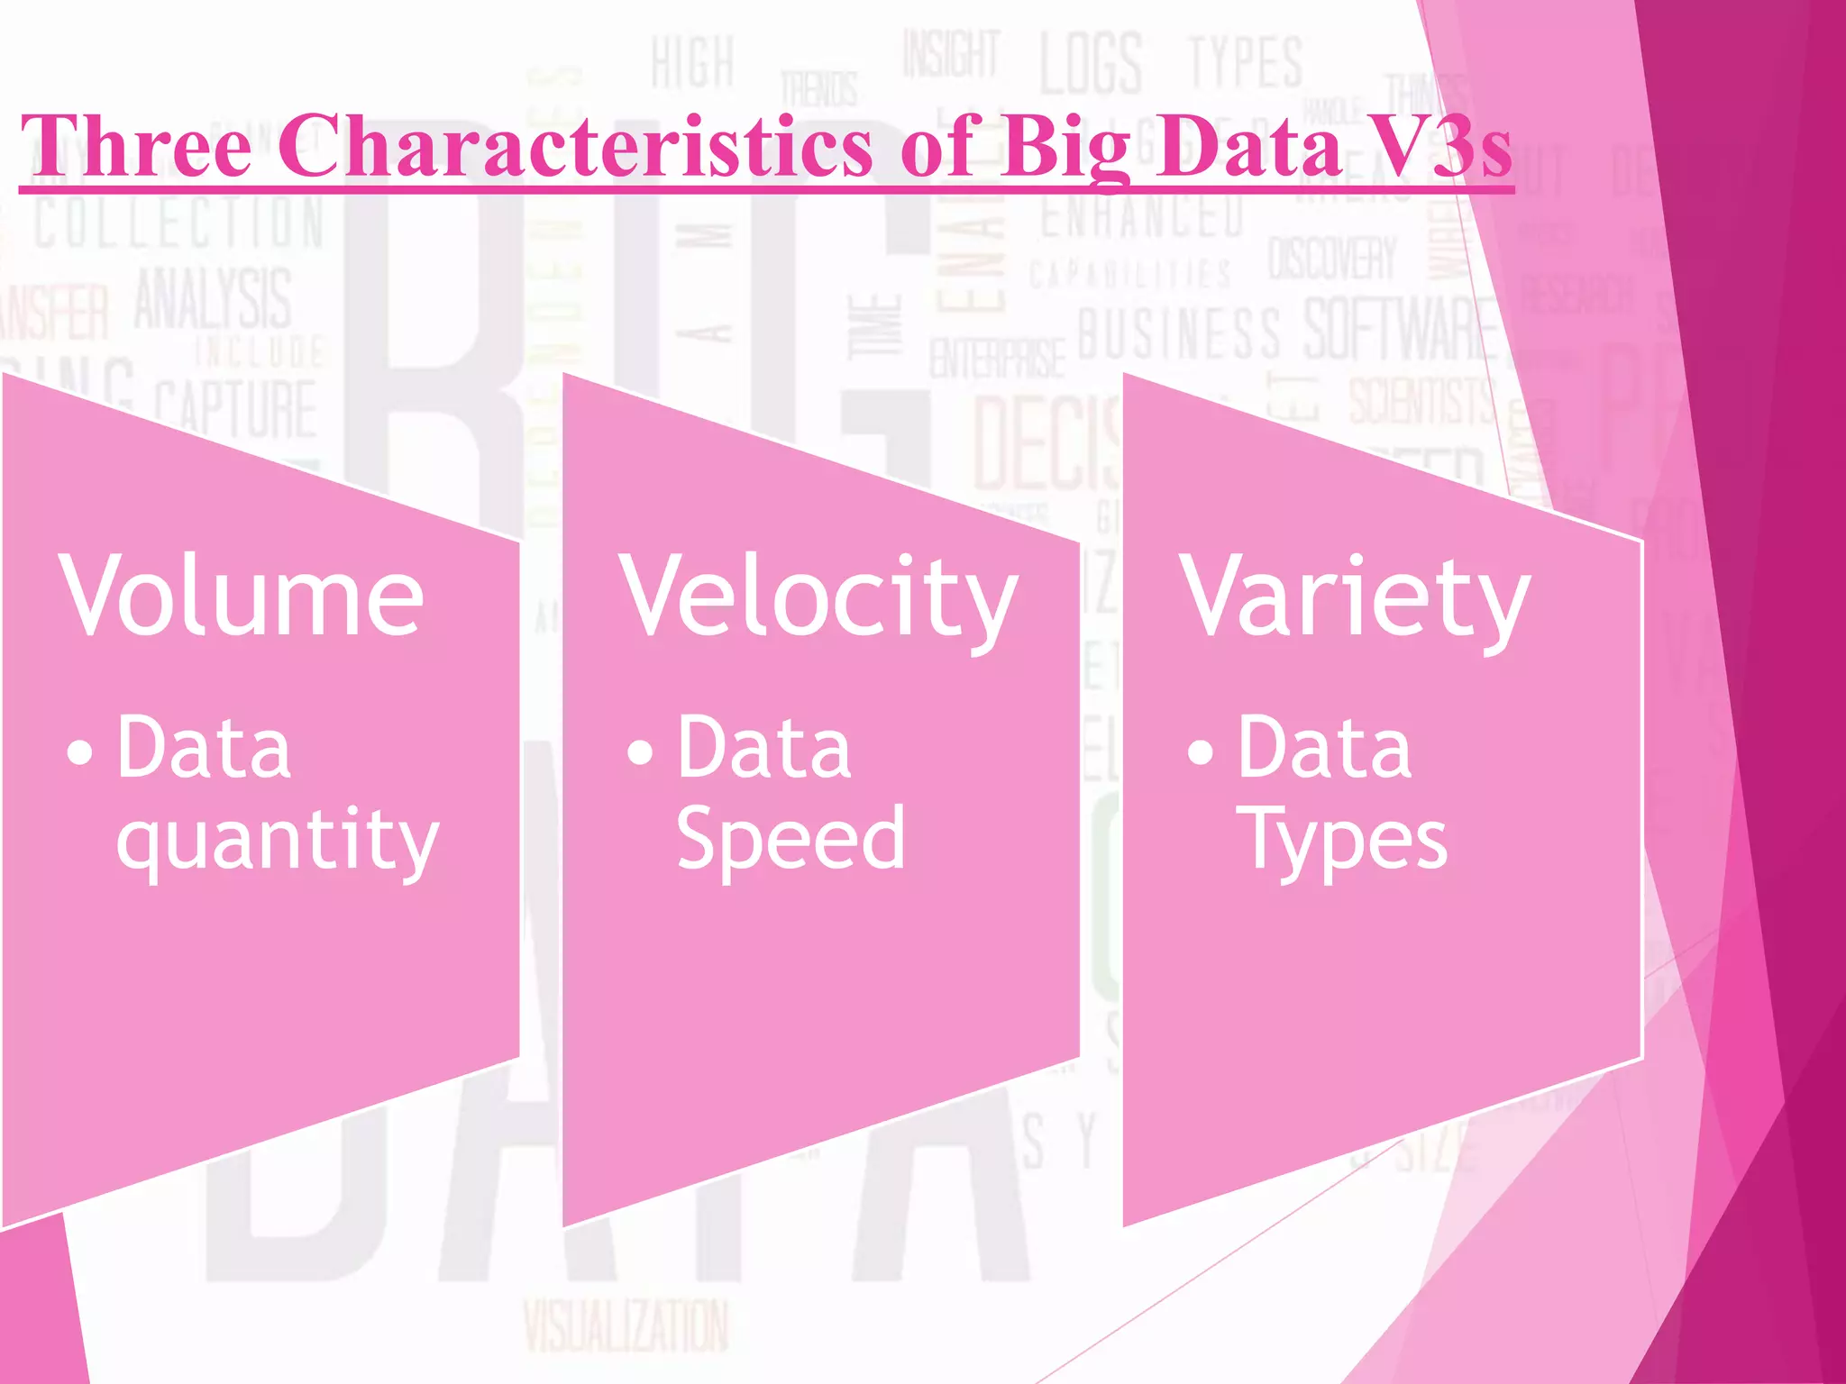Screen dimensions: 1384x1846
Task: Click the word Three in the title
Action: click(x=136, y=146)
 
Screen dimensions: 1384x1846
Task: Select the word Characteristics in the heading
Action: click(x=574, y=146)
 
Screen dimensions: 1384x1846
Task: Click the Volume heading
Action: click(x=242, y=596)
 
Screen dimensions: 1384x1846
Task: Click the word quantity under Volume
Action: click(x=278, y=842)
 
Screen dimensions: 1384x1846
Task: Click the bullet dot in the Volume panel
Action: click(x=79, y=751)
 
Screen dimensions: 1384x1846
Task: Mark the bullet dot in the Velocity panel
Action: click(x=640, y=751)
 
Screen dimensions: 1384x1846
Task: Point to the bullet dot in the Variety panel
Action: click(x=1200, y=751)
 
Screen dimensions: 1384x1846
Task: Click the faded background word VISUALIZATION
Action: click(x=626, y=1325)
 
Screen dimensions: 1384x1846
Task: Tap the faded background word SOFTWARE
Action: click(x=1397, y=330)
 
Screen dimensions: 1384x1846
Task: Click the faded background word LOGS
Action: click(x=1092, y=63)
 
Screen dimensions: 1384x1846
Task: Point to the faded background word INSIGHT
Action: click(x=952, y=54)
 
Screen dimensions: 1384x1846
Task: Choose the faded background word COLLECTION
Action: click(x=179, y=223)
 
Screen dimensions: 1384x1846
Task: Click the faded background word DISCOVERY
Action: click(x=1332, y=259)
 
